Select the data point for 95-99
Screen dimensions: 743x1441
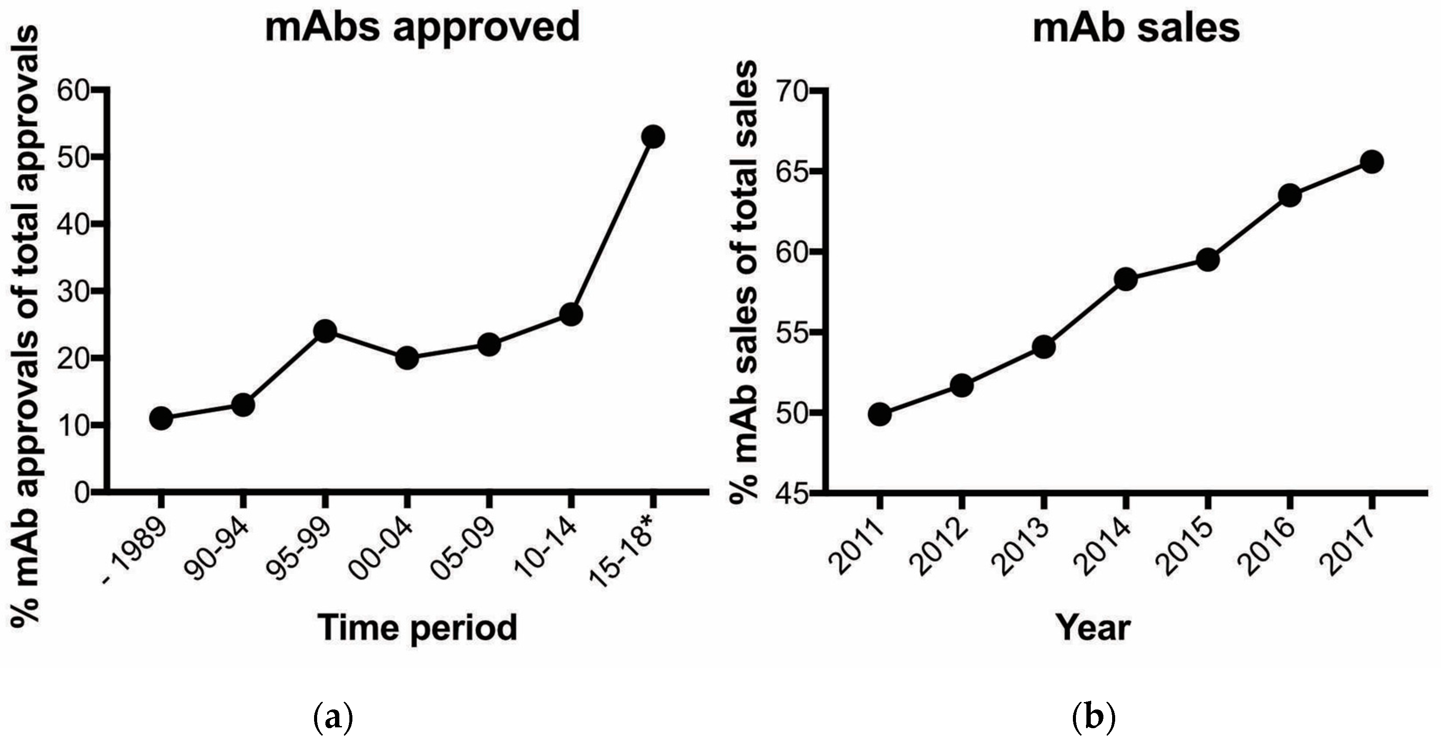325,331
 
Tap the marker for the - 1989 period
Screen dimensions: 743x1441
161,418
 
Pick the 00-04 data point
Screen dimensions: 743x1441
407,358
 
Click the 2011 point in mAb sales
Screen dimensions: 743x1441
879,415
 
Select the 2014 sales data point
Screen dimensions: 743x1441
1126,279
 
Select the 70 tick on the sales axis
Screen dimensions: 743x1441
791,91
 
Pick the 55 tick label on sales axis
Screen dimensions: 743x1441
791,332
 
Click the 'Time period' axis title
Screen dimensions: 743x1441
417,628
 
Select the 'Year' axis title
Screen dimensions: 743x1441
1093,628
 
